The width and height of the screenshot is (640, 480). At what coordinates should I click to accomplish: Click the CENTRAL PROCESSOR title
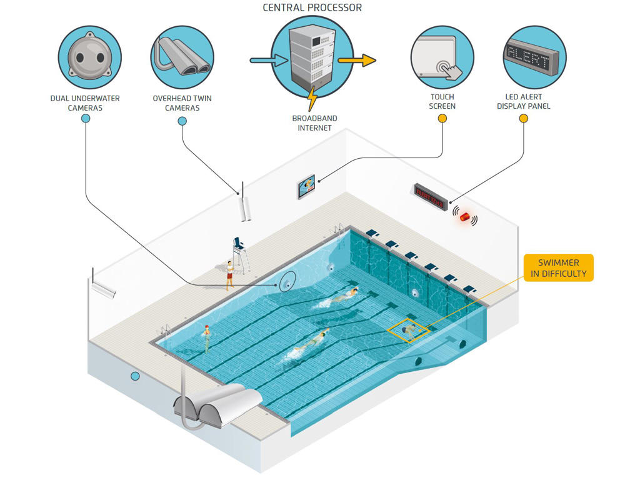312,8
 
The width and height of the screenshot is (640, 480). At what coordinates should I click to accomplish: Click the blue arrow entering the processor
268,61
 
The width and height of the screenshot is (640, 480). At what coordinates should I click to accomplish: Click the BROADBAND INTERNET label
314,123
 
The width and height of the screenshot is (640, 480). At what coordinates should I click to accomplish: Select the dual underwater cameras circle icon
89,57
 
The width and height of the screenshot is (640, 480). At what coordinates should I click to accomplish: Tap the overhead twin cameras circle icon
182,57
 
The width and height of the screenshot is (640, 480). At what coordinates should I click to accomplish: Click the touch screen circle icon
442,57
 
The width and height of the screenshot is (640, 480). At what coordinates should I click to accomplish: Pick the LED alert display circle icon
534,57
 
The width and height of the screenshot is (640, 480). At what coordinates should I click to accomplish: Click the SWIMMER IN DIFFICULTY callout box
558,267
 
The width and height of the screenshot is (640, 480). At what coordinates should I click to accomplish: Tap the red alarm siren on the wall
465,216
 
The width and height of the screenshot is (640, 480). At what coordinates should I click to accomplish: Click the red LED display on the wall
430,196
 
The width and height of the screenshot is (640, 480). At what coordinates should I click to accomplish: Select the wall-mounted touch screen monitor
306,186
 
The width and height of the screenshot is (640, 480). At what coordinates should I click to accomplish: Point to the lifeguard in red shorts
229,273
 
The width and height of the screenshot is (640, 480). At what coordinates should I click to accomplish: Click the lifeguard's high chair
241,254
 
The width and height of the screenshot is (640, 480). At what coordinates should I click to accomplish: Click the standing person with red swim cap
206,337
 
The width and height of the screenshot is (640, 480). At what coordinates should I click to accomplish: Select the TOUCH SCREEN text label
442,101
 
